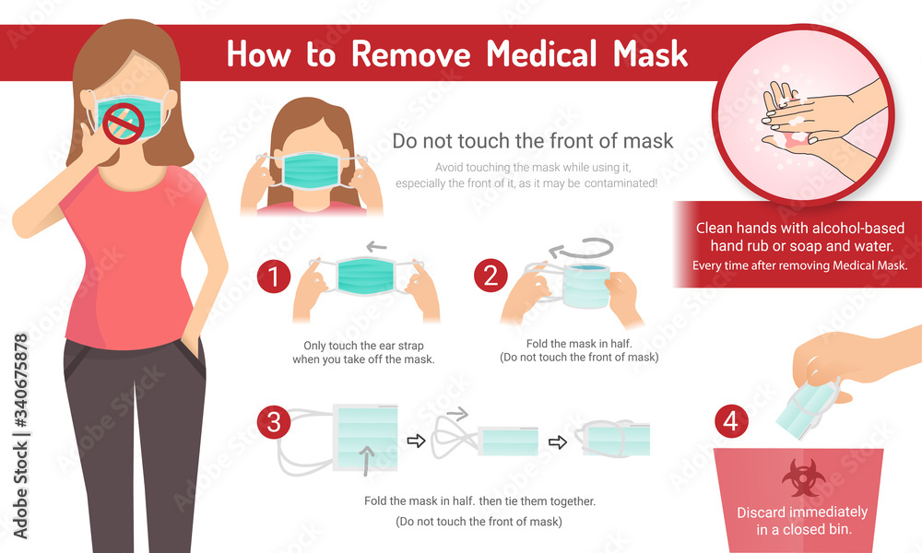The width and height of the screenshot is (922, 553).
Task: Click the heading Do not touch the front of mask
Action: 533,141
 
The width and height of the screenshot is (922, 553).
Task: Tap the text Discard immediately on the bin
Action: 801,512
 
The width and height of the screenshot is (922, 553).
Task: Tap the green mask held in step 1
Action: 365,277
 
